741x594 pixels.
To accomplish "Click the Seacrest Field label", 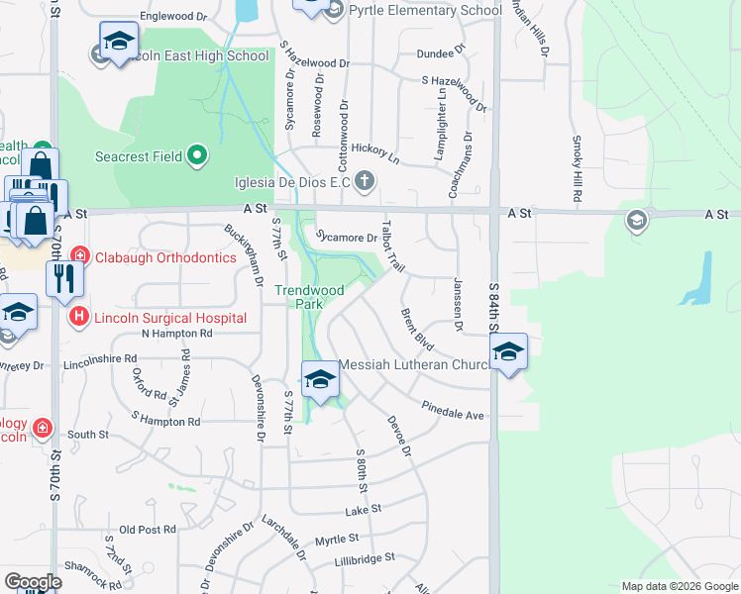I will (140, 156).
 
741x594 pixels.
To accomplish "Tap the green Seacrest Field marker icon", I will (198, 154).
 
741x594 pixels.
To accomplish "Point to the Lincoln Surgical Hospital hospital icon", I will (79, 318).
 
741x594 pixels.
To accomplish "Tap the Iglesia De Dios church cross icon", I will (366, 180).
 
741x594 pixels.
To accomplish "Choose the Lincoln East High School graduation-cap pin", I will (119, 43).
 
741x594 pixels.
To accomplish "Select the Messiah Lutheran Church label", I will (416, 365).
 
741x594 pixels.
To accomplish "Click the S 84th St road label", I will (493, 310).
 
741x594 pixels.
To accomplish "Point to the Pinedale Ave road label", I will (453, 410).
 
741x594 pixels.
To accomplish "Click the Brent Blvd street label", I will (417, 328).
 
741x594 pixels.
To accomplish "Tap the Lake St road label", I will (363, 510).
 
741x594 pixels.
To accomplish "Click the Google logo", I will (34, 582).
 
